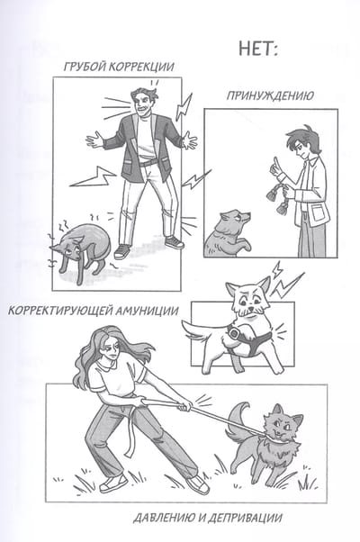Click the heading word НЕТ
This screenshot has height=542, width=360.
point(255,49)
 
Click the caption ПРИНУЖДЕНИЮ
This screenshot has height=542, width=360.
point(270,95)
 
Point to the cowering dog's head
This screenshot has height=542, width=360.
point(69,248)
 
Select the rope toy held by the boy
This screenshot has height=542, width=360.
point(275,196)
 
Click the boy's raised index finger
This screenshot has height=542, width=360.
point(275,162)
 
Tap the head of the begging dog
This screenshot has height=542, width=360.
point(234,219)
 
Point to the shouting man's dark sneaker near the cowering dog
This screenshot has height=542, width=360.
point(121,252)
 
